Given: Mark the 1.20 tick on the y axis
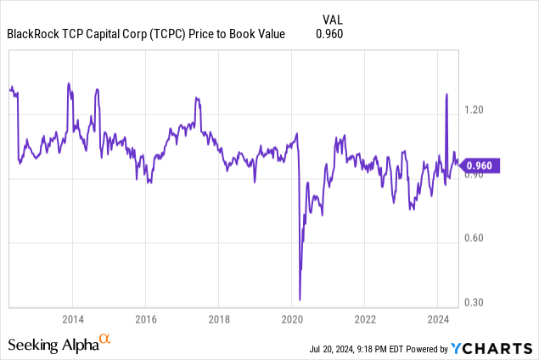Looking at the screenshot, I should click(x=475, y=110).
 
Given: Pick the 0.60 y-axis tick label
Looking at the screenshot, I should click(x=475, y=238).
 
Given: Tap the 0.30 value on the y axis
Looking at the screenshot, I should click(x=475, y=302).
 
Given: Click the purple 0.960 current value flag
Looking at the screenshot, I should click(x=481, y=166).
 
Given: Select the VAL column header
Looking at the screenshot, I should click(x=334, y=19).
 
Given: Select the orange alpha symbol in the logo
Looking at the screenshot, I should click(x=105, y=339).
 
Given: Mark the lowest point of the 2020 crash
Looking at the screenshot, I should click(x=300, y=299).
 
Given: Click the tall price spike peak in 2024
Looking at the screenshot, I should click(x=446, y=94).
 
